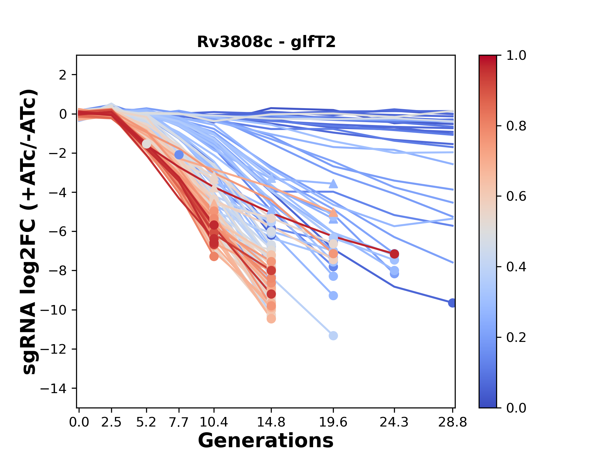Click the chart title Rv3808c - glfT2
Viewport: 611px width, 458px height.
pos(266,42)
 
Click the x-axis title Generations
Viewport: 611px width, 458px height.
pos(266,441)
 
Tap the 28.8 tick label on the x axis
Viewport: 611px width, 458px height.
pos(453,422)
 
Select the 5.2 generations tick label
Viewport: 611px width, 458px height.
pos(146,422)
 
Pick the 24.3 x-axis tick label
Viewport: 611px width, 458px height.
pos(394,422)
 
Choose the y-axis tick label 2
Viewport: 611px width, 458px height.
pos(63,75)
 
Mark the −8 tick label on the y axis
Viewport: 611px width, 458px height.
pos(57,271)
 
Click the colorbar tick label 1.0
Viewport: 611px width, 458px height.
pos(516,56)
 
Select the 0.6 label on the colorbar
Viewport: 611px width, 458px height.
pos(516,197)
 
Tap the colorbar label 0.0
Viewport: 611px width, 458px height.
pos(516,408)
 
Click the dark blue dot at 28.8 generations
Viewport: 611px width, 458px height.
pos(452,303)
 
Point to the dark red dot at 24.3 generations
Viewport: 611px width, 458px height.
pos(394,254)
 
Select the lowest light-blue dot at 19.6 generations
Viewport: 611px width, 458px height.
pos(333,336)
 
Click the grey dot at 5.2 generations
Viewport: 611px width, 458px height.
pos(146,144)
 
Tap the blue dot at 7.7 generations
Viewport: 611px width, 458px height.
pos(179,155)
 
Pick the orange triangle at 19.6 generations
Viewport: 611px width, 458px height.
pos(333,212)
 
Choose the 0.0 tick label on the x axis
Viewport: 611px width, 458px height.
pos(79,422)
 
